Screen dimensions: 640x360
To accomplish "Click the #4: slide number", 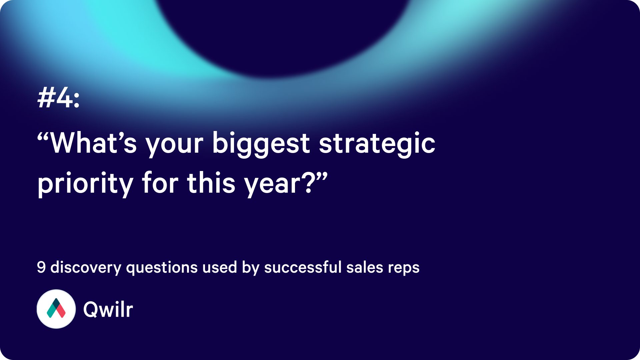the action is coord(59,97).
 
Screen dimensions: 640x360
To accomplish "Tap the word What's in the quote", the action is coord(93,143).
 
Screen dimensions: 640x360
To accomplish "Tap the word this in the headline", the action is coord(211,183).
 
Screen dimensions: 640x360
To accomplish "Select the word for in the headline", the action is coord(160,183).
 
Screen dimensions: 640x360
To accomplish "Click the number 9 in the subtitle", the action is coord(41,267).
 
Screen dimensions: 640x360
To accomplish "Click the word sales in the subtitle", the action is coord(365,267).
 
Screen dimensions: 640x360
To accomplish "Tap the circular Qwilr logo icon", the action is coord(56,309).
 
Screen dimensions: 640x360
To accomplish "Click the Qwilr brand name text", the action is coord(108,309).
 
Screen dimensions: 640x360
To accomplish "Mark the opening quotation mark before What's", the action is coord(44,137).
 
